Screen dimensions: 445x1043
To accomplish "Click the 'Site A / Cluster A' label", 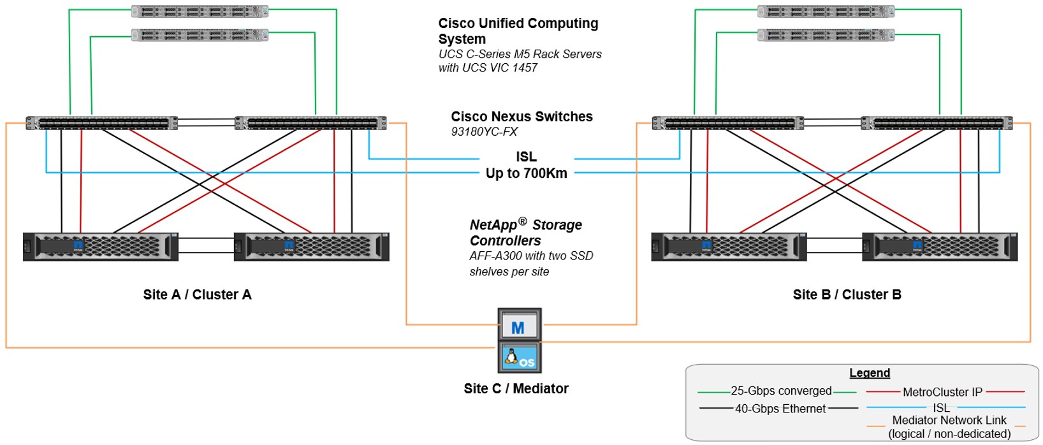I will (x=197, y=295).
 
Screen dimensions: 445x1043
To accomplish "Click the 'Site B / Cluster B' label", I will (x=847, y=295).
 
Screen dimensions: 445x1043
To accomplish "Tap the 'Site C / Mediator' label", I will (x=516, y=388).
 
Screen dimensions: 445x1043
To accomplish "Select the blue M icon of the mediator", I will (x=518, y=327).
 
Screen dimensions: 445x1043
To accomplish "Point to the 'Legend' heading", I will (x=869, y=373).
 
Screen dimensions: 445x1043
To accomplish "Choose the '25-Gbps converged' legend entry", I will (x=781, y=391).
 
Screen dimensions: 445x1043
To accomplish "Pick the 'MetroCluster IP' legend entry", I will (x=942, y=392).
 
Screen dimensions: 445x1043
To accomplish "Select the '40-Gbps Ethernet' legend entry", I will (x=780, y=409).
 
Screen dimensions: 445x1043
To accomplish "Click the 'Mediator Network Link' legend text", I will (x=949, y=420).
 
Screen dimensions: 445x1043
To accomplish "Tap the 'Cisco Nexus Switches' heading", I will (x=521, y=117).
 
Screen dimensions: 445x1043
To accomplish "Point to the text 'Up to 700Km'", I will (x=526, y=173).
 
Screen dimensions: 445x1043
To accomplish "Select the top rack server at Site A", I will (x=200, y=11).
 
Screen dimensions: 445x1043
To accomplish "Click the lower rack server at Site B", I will (x=826, y=35).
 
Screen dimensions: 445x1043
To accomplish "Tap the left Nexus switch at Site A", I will (x=102, y=123).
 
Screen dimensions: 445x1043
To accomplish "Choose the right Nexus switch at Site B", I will (x=937, y=123).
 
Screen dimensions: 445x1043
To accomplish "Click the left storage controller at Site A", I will (x=101, y=247).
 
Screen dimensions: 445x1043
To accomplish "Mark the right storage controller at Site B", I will (x=940, y=247).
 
